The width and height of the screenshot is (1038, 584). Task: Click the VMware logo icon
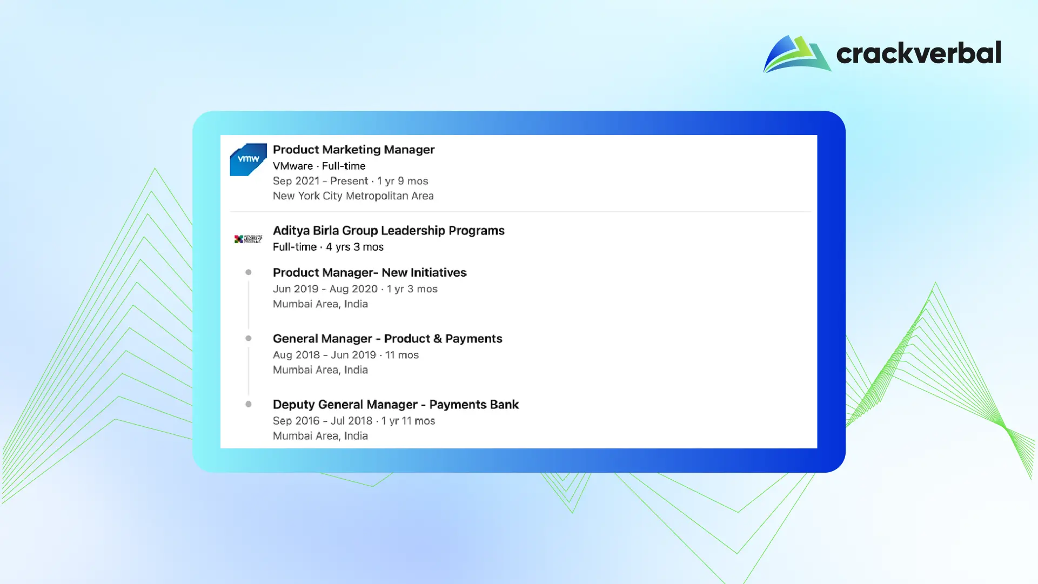pyautogui.click(x=249, y=159)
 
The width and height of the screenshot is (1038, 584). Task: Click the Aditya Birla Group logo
pyautogui.click(x=248, y=239)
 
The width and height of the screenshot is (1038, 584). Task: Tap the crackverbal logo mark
pyautogui.click(x=797, y=53)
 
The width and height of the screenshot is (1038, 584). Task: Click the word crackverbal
pyautogui.click(x=919, y=53)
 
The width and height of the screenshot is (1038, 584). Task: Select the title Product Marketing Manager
pyautogui.click(x=353, y=150)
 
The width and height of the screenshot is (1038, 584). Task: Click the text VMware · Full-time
pyautogui.click(x=319, y=166)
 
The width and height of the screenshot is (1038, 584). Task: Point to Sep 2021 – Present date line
pyautogui.click(x=350, y=181)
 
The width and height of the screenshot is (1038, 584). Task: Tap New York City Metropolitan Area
pyautogui.click(x=353, y=196)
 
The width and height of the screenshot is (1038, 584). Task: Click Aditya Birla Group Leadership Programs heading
pyautogui.click(x=389, y=231)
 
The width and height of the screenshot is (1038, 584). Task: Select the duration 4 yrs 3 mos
pyautogui.click(x=354, y=247)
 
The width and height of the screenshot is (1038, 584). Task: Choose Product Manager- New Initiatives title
pyautogui.click(x=370, y=273)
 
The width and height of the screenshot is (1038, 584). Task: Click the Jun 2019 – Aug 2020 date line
pyautogui.click(x=355, y=289)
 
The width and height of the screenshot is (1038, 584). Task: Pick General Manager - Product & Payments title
pyautogui.click(x=387, y=339)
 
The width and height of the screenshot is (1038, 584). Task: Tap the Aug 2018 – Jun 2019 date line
pyautogui.click(x=346, y=355)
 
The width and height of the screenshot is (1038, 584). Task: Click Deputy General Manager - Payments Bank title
pyautogui.click(x=396, y=405)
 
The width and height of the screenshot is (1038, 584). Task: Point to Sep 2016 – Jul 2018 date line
pyautogui.click(x=354, y=421)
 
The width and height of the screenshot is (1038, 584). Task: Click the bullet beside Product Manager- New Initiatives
pyautogui.click(x=249, y=272)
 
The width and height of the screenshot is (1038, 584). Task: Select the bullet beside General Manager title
pyautogui.click(x=249, y=338)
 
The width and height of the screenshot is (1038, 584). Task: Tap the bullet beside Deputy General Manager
pyautogui.click(x=249, y=404)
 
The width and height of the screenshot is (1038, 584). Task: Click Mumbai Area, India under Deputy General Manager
pyautogui.click(x=320, y=436)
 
